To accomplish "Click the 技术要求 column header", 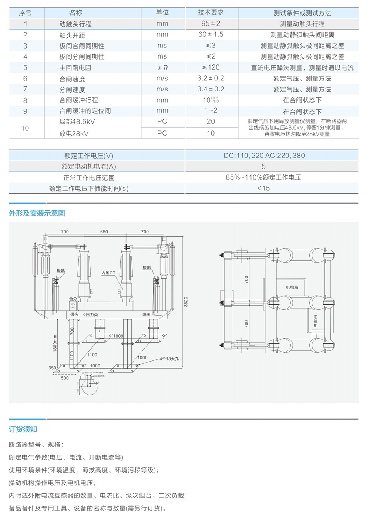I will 211,13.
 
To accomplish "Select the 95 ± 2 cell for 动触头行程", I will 211,23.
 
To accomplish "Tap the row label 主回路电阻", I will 75,68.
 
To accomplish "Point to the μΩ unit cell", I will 162,67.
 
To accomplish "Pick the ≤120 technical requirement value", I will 211,67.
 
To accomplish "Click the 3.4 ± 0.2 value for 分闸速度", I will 211,89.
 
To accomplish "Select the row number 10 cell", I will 25,128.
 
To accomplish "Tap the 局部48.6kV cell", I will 77,121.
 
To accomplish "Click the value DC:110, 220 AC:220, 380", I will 264,156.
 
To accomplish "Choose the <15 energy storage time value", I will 263,188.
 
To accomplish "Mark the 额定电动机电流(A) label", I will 89,167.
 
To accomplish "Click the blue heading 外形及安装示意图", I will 37,213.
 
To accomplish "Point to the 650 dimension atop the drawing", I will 104,232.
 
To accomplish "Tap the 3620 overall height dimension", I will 186,302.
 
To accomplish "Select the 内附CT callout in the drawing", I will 108,273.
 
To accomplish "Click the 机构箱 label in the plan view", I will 292,287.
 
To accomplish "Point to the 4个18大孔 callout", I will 169,359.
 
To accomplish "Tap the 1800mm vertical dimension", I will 55,343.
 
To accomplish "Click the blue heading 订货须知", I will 23,429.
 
